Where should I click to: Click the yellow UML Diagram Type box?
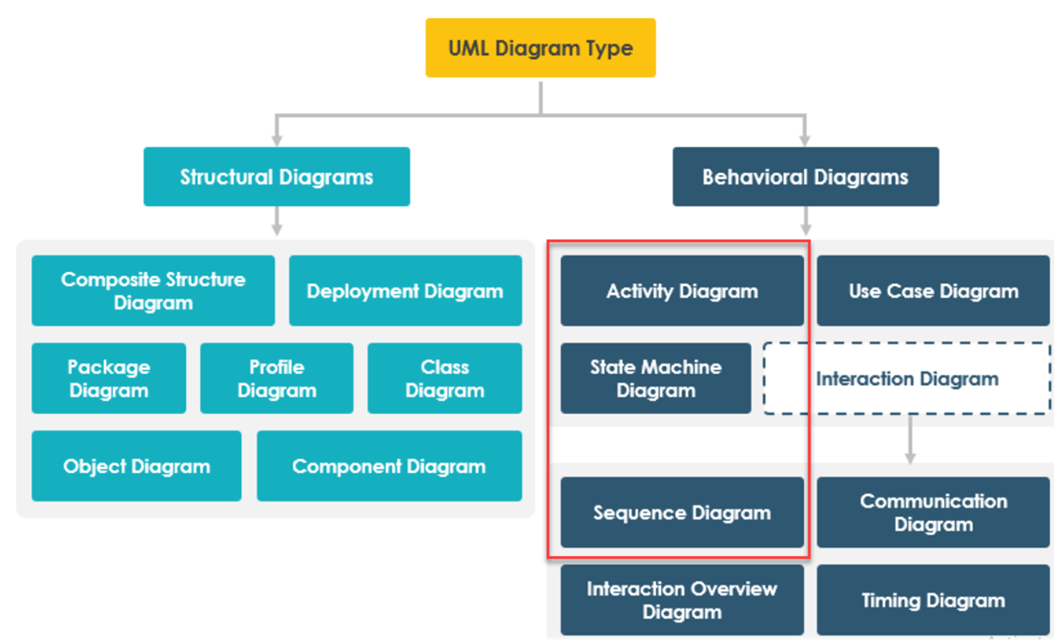(x=540, y=48)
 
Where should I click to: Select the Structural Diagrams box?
(x=277, y=176)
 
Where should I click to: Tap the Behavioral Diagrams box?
(x=805, y=176)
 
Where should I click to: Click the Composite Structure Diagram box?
(x=153, y=290)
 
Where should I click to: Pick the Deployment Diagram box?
(x=405, y=290)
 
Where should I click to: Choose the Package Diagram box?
(x=109, y=378)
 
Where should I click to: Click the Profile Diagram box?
(x=277, y=378)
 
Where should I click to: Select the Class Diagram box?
(x=445, y=378)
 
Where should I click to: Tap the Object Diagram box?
(x=136, y=466)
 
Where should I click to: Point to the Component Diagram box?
(x=389, y=466)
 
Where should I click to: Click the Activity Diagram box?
(x=681, y=290)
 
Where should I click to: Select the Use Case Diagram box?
(x=933, y=290)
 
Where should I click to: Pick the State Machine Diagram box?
(x=655, y=378)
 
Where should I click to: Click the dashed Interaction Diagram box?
(x=907, y=378)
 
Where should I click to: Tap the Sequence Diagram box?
(x=681, y=513)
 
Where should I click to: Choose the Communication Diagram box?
(x=933, y=513)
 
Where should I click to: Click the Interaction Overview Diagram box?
(x=681, y=600)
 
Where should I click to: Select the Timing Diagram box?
(x=933, y=600)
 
